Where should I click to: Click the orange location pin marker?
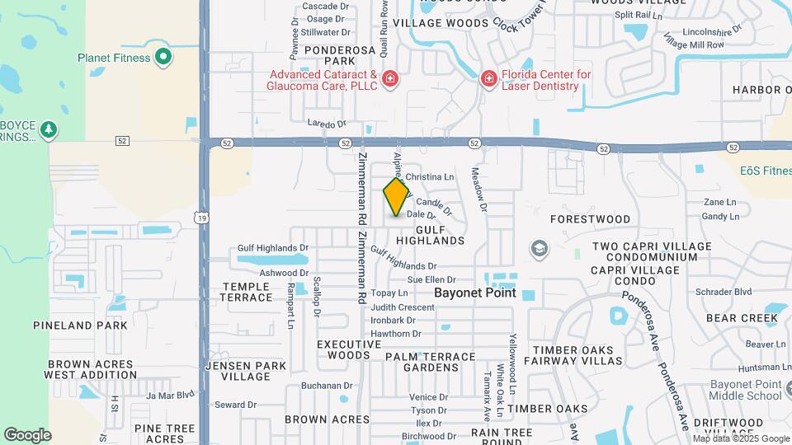coord(396,197)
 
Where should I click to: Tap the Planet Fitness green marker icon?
coord(163,57)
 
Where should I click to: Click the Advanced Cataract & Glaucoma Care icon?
coord(390,79)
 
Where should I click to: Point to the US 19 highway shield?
coord(203,217)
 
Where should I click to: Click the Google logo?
coord(27,434)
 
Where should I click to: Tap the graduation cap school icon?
coord(540,249)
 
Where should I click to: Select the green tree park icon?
coord(49,129)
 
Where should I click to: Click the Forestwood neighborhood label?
coord(590,220)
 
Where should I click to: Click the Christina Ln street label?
coord(436,176)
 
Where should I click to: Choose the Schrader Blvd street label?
coord(724,292)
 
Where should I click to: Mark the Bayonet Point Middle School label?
coord(745,390)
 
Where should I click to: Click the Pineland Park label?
coord(80,326)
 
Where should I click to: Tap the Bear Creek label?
coord(730,317)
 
